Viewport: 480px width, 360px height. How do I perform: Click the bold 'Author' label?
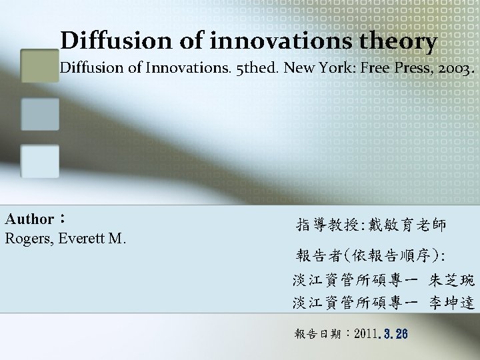click(30, 219)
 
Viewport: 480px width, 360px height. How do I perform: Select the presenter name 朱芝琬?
click(452, 280)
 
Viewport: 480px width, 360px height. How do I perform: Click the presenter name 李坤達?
click(452, 303)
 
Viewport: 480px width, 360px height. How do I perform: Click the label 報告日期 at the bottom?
click(316, 333)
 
